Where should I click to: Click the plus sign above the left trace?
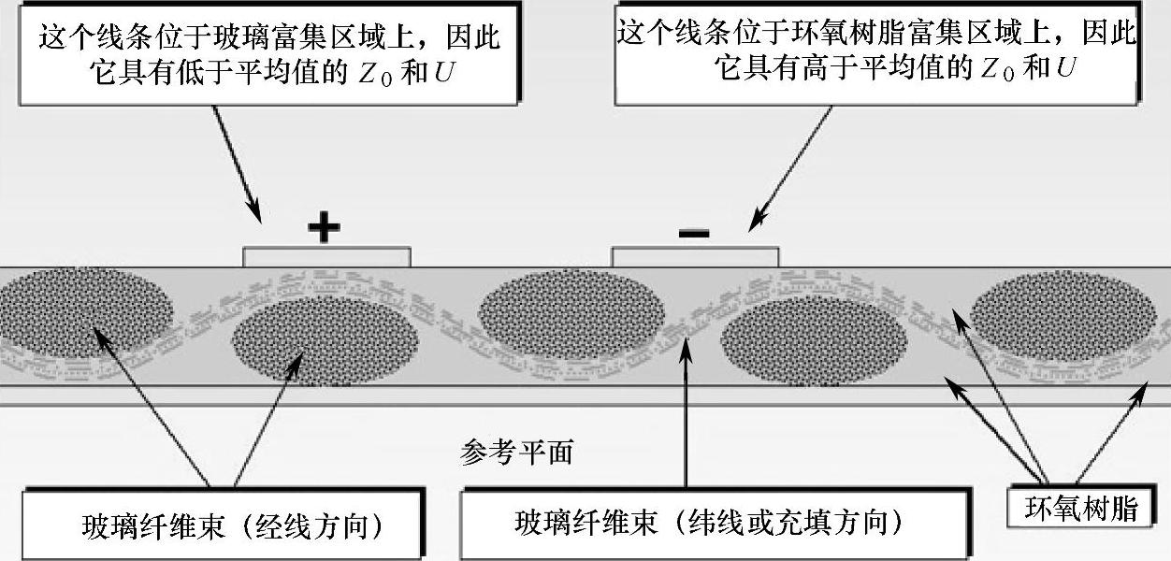324,227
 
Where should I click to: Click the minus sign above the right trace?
693,232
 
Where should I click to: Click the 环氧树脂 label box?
1081,510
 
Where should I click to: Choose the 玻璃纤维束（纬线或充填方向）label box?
711,524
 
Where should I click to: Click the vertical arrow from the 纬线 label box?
687,411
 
